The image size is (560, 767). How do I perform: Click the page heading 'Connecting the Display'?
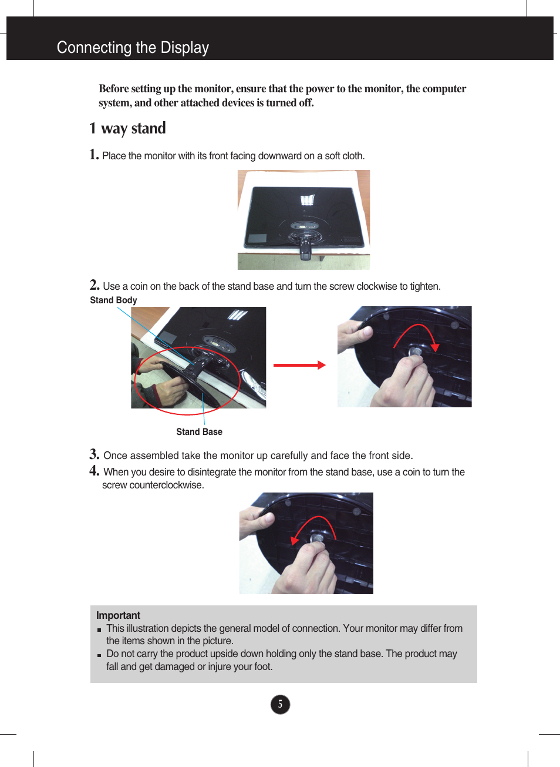coord(133,48)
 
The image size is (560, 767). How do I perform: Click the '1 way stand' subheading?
coord(127,128)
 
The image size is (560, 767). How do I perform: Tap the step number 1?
coord(94,155)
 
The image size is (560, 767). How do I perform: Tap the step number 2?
coord(95,285)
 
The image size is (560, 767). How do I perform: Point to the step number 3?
coord(94,454)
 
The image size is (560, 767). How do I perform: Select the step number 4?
coord(94,471)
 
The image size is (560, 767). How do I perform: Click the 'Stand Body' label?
coord(113,300)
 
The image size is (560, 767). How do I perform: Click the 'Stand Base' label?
coord(199,432)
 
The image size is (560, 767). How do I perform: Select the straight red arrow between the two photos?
coord(299,365)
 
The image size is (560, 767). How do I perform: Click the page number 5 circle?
coord(280,704)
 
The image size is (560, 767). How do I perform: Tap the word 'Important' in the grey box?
coord(118,615)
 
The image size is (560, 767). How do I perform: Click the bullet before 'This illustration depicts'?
coord(99,629)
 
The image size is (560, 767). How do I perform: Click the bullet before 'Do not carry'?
coord(99,655)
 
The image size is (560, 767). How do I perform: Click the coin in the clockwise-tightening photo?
coord(416,351)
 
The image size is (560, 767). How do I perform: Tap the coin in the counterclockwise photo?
coord(317,538)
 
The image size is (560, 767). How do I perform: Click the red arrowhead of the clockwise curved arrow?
coord(435,347)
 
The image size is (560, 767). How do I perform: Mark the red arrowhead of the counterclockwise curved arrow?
coord(295,540)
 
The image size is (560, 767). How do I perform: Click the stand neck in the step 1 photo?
coord(305,247)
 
